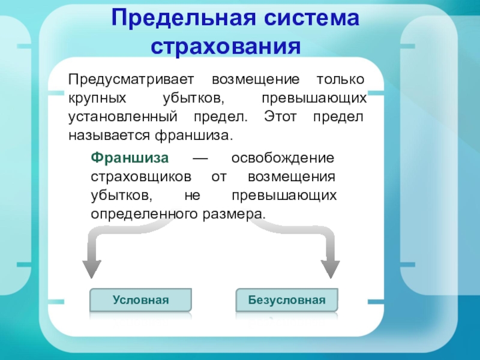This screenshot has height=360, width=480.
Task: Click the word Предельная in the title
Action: click(x=184, y=19)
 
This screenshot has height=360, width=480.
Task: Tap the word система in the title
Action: click(x=311, y=19)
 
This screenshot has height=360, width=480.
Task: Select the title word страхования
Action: click(x=226, y=47)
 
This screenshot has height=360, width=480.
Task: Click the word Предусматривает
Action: click(x=131, y=80)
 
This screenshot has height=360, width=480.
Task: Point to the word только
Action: click(x=340, y=79)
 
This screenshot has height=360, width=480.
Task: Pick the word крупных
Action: click(x=97, y=98)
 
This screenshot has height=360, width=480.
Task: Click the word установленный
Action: click(x=123, y=117)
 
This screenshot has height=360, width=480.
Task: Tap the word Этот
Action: click(x=280, y=116)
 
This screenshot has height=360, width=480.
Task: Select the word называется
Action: click(x=109, y=136)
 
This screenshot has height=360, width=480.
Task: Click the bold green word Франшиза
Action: click(x=130, y=158)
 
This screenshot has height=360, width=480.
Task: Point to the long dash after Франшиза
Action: click(x=200, y=158)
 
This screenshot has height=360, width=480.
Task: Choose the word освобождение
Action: click(x=283, y=158)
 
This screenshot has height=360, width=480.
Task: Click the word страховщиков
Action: click(x=141, y=177)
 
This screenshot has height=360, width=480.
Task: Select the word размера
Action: click(x=234, y=214)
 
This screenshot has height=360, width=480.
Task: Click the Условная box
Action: click(x=141, y=299)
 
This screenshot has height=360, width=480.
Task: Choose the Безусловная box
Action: click(x=287, y=299)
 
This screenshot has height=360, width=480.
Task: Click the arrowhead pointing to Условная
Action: click(x=92, y=268)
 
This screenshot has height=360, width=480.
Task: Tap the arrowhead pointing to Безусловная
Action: click(x=331, y=268)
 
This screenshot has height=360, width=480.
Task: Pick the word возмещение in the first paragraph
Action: click(x=256, y=80)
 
